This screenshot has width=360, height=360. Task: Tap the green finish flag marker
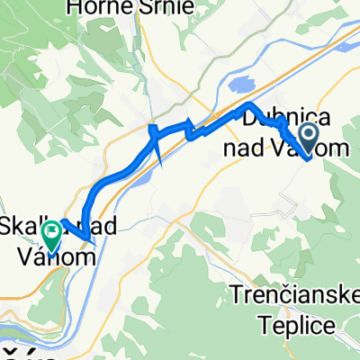click(x=51, y=236)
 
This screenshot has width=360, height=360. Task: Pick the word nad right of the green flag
click(x=97, y=226)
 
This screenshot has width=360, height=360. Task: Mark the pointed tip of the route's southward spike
click(x=160, y=166)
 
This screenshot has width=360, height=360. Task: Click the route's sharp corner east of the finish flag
click(x=87, y=239)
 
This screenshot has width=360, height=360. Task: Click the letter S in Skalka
click(x=9, y=226)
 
